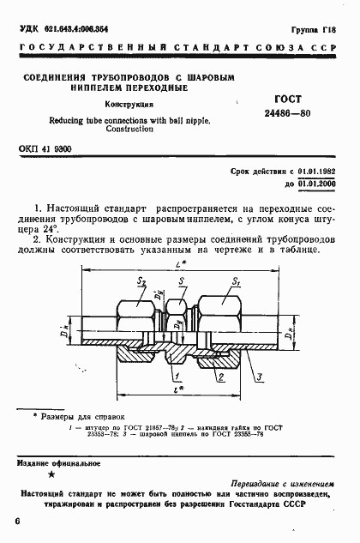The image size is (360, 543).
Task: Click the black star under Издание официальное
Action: (51, 474)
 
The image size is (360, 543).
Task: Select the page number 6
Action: (18, 521)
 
